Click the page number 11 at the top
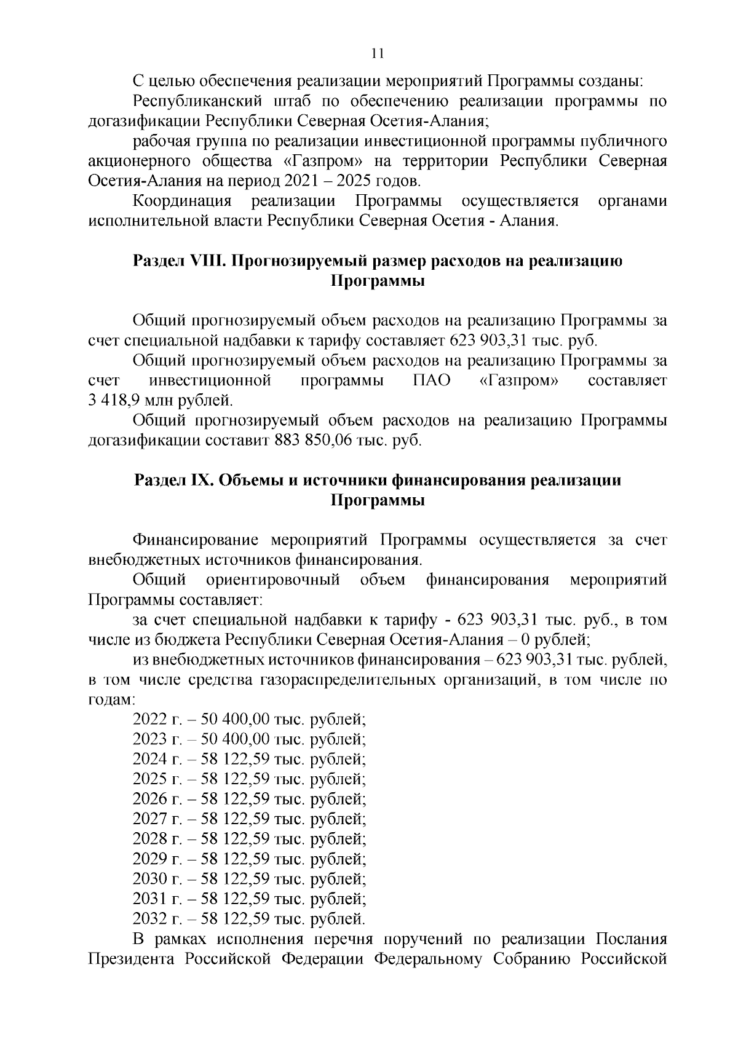pyautogui.click(x=378, y=53)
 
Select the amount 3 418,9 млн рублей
pyautogui.click(x=161, y=401)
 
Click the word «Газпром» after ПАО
pyautogui.click(x=518, y=381)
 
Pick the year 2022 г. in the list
pyautogui.click(x=157, y=719)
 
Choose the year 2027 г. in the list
pyautogui.click(x=157, y=819)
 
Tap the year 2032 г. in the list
pyautogui.click(x=157, y=918)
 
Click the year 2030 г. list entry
pyautogui.click(x=157, y=878)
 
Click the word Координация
pyautogui.click(x=182, y=202)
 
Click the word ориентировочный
pyautogui.click(x=273, y=580)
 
